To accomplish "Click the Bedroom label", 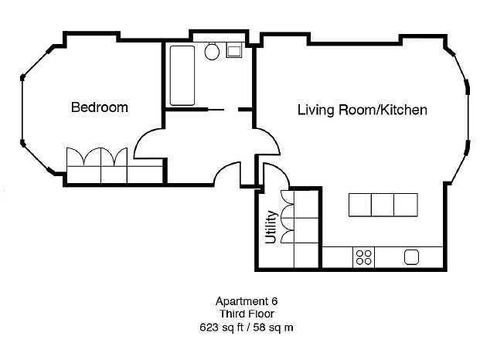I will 99,107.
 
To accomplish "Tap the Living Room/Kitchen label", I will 362,110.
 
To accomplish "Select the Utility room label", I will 271,227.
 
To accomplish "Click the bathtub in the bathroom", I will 182,75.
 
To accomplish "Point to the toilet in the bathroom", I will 212,51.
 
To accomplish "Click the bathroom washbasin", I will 233,51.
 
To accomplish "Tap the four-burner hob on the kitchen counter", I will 363,257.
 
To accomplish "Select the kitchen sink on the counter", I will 411,257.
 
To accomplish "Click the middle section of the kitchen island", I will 383,205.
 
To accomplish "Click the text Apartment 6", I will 244,302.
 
